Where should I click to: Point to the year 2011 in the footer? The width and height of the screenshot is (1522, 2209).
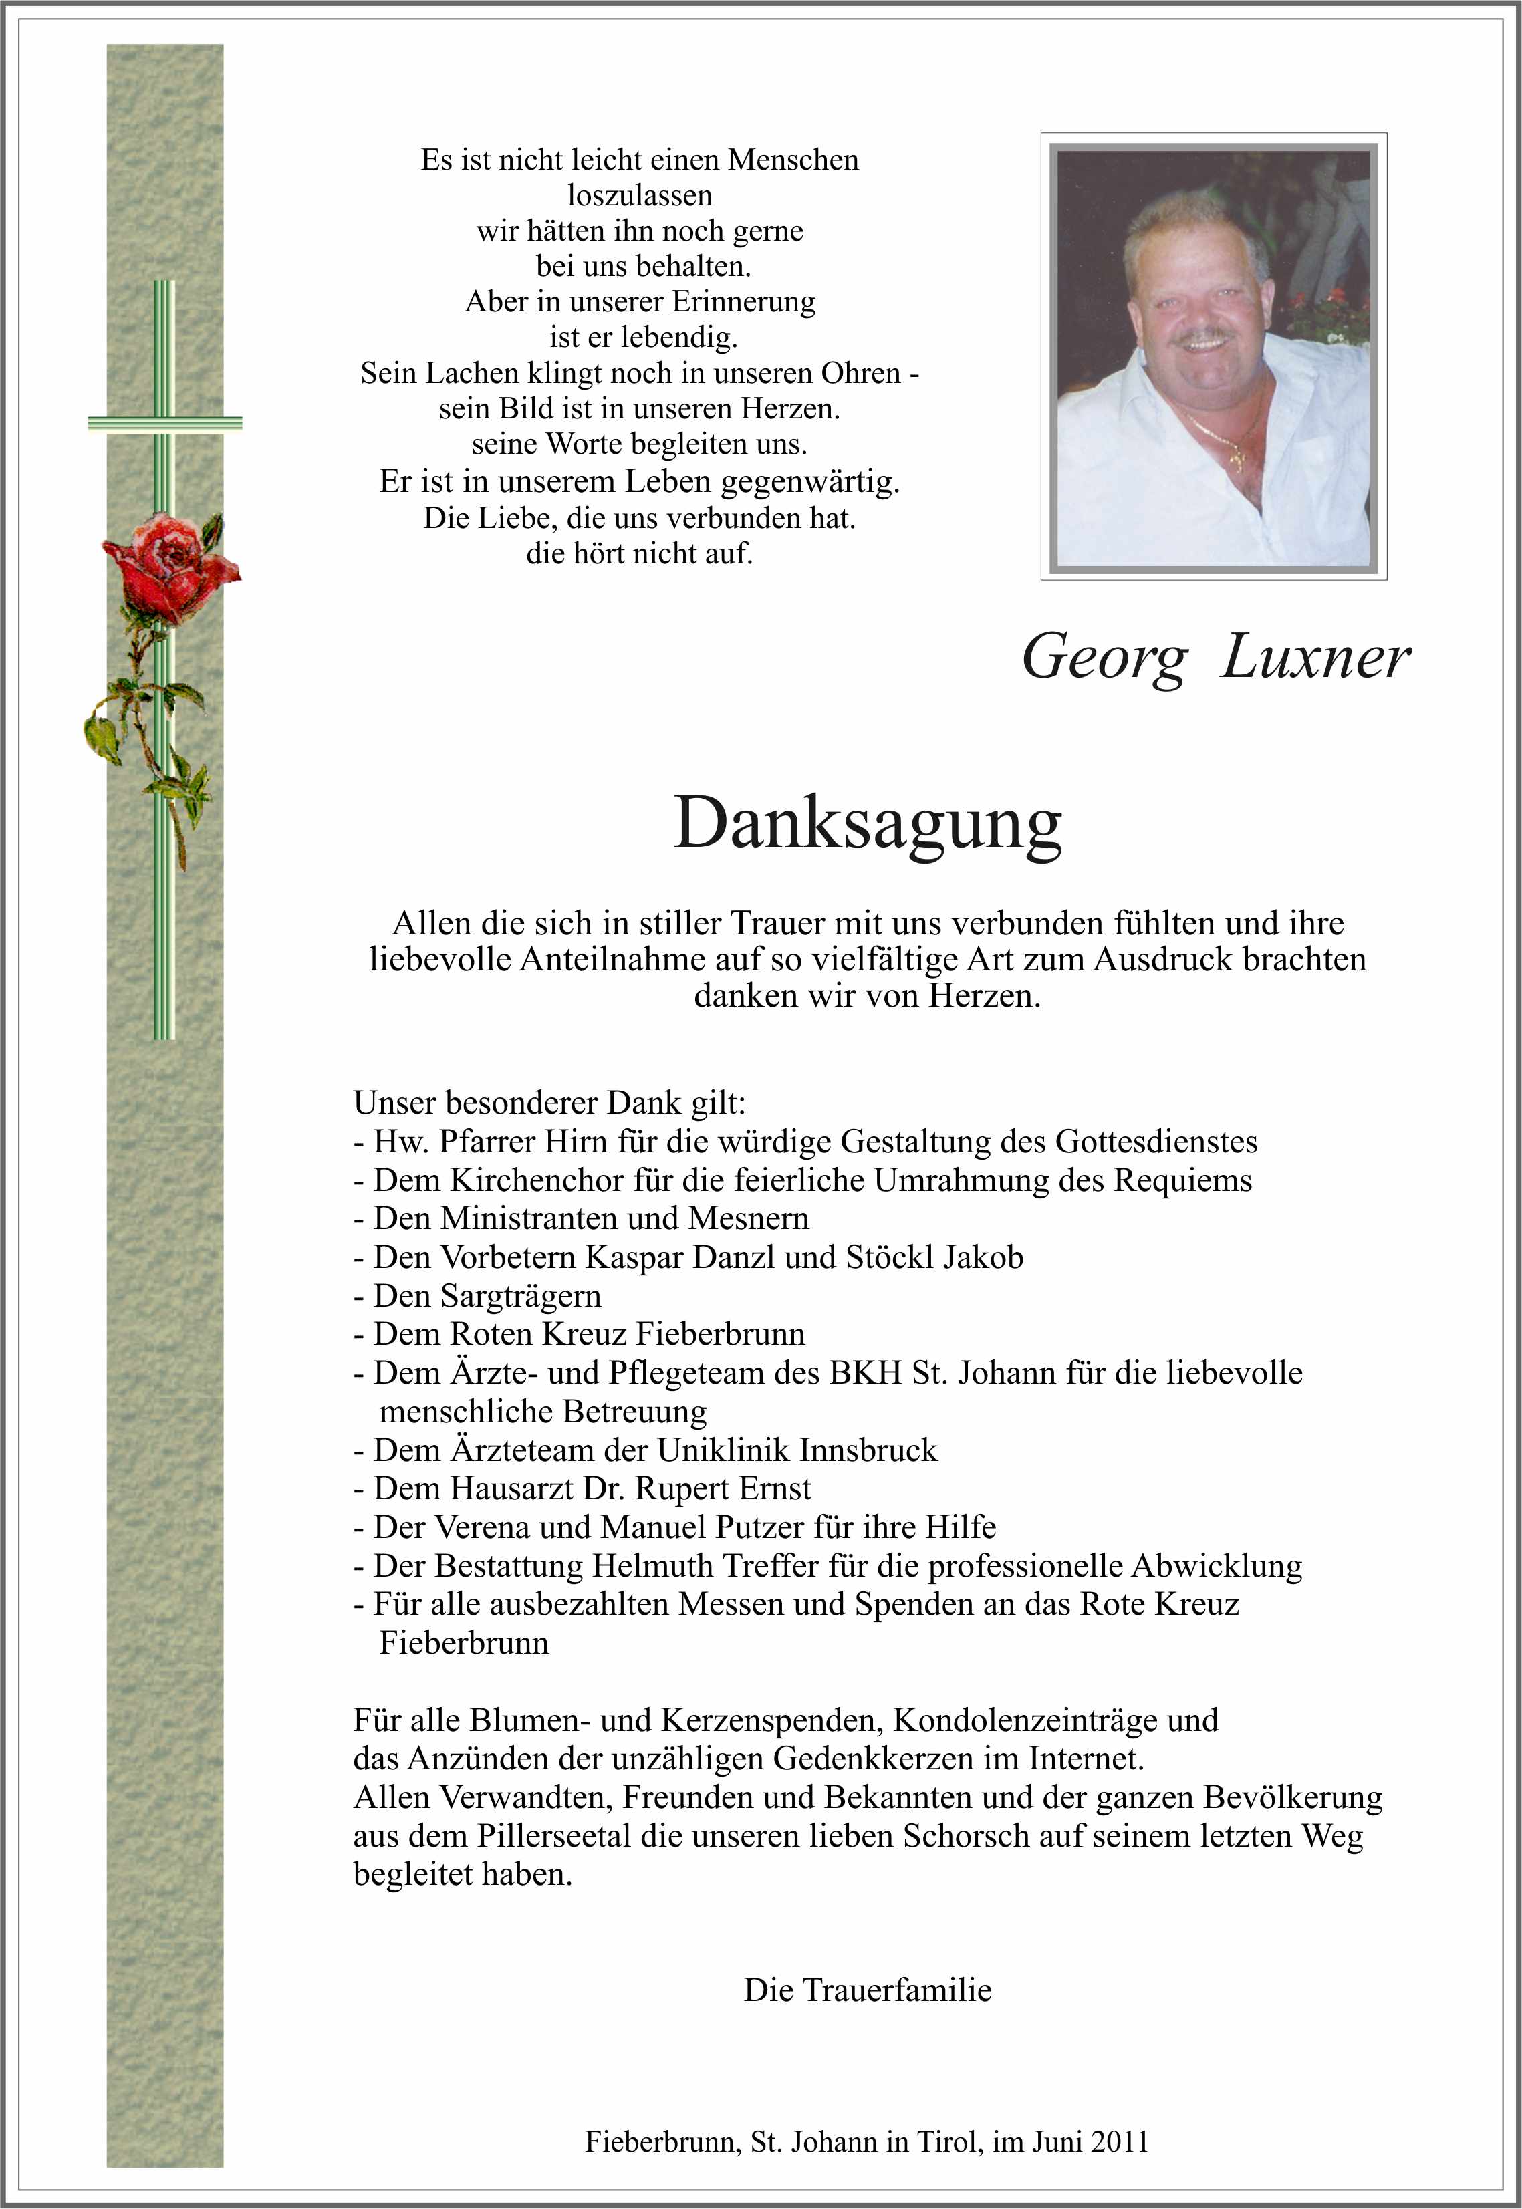pos(1120,2142)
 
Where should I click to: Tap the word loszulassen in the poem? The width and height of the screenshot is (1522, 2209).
pos(639,195)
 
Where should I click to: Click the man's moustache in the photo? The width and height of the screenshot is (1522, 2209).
pos(1203,337)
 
